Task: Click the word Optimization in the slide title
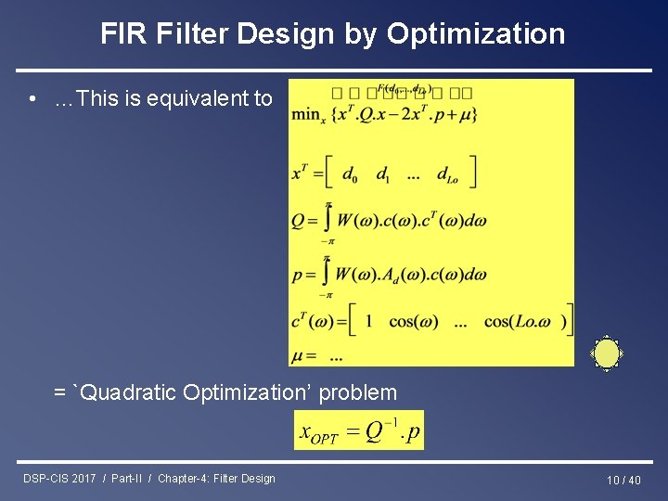475,34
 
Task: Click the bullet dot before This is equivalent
32,99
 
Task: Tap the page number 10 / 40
623,480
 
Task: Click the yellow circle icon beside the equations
607,353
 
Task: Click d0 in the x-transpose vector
349,174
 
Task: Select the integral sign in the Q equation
328,221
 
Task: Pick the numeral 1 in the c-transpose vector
368,321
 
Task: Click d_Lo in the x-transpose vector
446,174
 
